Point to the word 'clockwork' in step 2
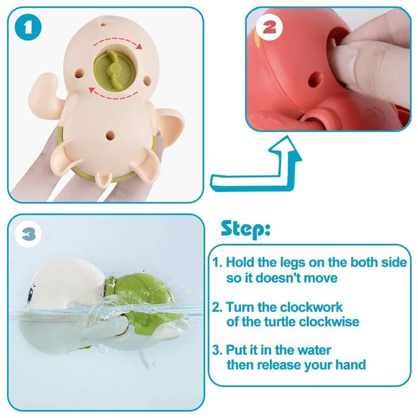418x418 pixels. (311, 307)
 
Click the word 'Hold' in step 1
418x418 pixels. (242, 263)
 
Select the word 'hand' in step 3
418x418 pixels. (350, 364)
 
